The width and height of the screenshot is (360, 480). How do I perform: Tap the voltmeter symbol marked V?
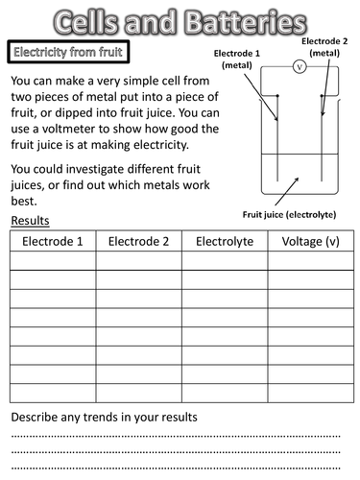298,67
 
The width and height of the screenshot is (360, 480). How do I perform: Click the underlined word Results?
30,222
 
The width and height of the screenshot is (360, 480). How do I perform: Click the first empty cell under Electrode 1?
53,261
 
